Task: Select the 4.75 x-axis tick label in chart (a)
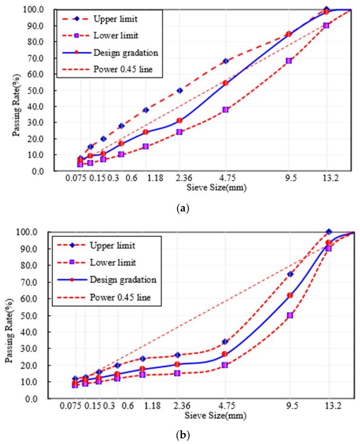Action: [226, 179]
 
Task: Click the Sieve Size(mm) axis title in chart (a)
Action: [212, 187]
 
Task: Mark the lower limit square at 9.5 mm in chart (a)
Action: [289, 61]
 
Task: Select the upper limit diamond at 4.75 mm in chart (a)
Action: [226, 61]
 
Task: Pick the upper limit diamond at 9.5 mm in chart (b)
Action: [290, 274]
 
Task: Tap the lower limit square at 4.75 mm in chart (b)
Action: [225, 365]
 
